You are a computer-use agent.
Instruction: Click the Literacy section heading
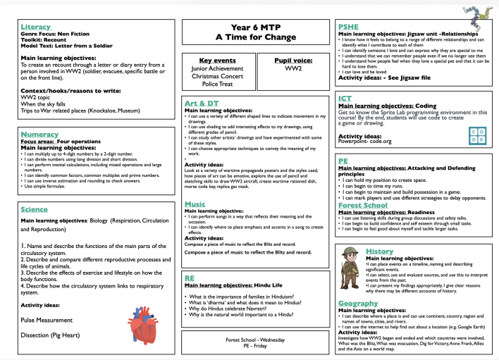tap(36, 26)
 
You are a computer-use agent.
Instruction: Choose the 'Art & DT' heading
tap(200, 104)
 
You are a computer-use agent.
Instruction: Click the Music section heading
tap(195, 204)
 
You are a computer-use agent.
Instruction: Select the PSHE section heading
tap(352, 25)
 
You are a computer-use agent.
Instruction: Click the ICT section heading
tap(347, 98)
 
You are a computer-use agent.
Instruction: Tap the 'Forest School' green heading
tap(368, 205)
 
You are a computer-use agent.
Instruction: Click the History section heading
tap(380, 252)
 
